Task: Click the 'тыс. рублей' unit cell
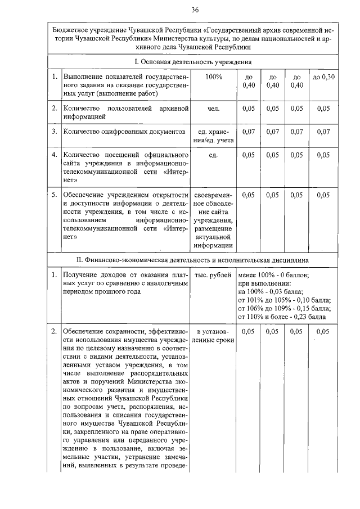pos(213,275)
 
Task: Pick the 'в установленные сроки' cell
pos(213,336)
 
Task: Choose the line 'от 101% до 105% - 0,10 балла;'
pos(285,300)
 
